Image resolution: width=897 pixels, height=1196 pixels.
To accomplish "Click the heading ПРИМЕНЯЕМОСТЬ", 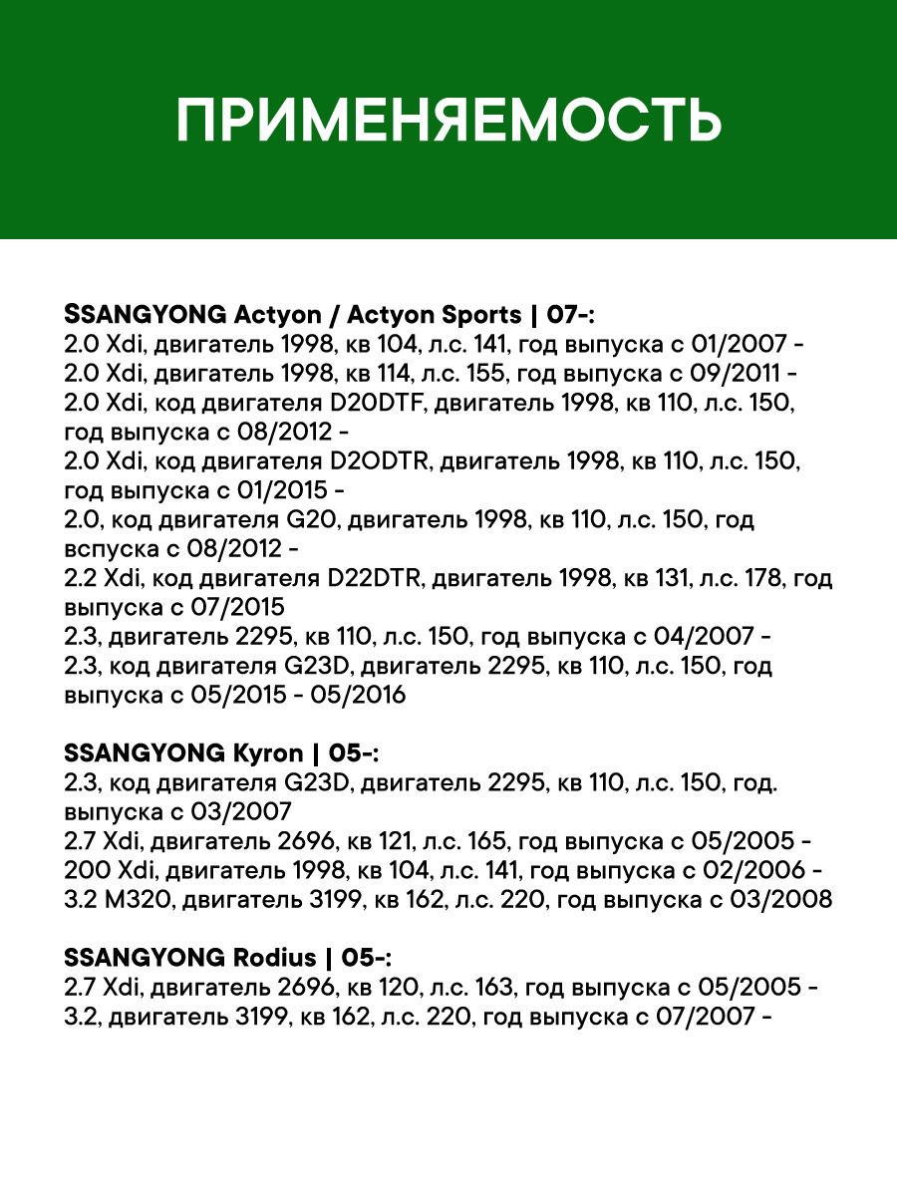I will (448, 121).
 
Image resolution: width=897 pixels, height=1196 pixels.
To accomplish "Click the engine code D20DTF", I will (373, 405).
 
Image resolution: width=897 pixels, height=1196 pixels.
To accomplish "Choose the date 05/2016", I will (358, 695).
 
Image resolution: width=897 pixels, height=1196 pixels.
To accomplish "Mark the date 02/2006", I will (750, 870).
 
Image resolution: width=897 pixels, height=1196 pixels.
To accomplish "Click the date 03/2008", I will (784, 899).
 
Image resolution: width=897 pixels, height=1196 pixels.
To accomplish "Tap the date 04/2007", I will (709, 637).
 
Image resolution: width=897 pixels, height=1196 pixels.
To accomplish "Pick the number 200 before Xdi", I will (81, 870).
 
